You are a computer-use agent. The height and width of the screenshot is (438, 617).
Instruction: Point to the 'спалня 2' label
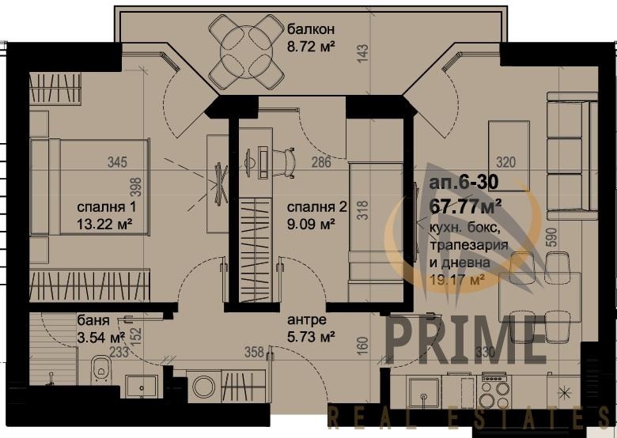pyautogui.click(x=316, y=207)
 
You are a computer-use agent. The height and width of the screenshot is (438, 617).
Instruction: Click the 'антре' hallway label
pyautogui.click(x=305, y=322)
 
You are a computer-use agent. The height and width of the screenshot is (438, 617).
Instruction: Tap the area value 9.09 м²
pyautogui.click(x=312, y=224)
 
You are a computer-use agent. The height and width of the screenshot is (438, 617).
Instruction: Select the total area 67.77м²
pyautogui.click(x=467, y=207)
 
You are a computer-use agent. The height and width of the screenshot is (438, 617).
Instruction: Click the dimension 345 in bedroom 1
pyautogui.click(x=117, y=163)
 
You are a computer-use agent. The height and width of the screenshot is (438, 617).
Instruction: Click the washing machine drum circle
pyautogui.click(x=204, y=387)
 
